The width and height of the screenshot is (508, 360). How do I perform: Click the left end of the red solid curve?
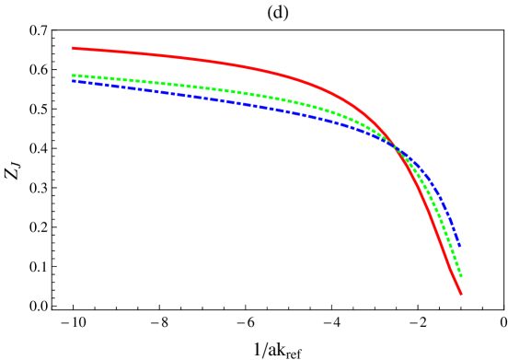coord(74,48)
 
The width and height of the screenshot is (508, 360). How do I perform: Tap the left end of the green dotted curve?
coord(74,75)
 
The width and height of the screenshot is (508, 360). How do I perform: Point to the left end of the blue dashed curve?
coord(74,81)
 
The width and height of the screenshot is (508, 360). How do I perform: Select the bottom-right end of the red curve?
coord(460,293)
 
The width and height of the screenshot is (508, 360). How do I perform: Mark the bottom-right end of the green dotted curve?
coord(460,275)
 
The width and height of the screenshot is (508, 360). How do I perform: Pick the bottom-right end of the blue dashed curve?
coord(458,245)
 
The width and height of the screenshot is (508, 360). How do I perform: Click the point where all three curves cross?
coord(397,147)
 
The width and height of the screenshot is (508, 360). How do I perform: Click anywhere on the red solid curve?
coord(230,64)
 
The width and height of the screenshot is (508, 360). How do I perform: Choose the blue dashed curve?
coord(230,101)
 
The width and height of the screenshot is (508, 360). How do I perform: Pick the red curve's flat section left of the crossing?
coord(166,55)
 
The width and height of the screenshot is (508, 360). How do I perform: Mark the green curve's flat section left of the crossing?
coord(166,84)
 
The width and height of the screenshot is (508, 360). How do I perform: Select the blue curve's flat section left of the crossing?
coord(166,92)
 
